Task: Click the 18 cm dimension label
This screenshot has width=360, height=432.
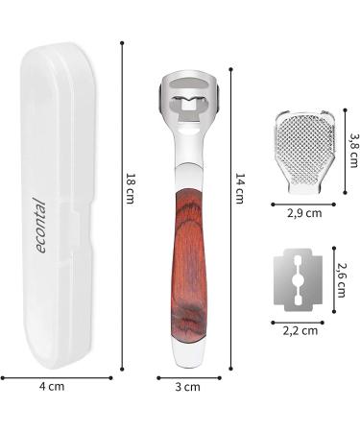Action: [131, 188]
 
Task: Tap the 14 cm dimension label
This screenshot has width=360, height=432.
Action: [240, 188]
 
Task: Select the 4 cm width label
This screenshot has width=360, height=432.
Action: [52, 387]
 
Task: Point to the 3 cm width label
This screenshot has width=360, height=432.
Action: [187, 387]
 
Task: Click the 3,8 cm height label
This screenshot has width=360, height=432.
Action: [353, 151]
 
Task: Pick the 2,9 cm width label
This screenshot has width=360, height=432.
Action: [304, 213]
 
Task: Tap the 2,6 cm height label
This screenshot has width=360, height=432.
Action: [342, 280]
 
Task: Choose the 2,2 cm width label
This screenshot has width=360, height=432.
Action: [300, 330]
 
